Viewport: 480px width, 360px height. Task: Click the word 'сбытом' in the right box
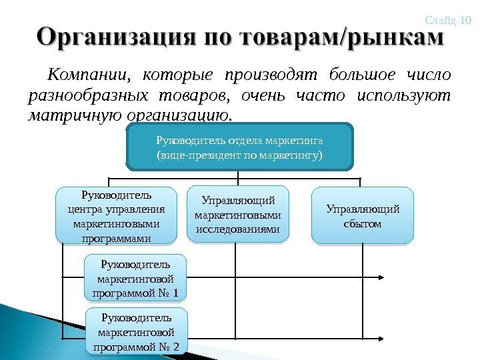tap(363, 224)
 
